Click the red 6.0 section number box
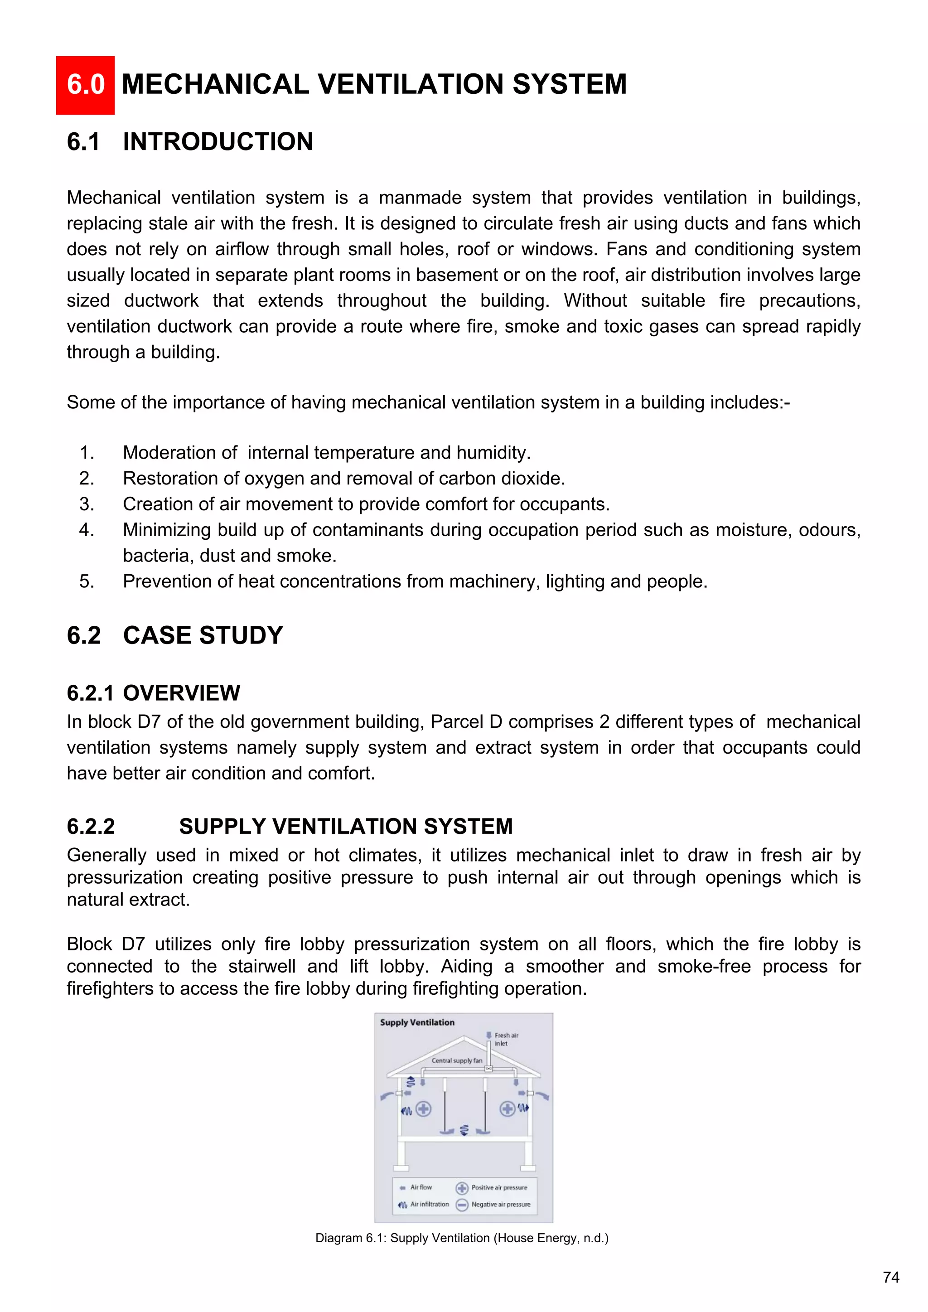85,85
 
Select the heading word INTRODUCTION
217,142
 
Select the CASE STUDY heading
203,635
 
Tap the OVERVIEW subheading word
181,692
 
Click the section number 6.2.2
91,826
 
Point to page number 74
891,1277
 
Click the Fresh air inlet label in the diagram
506,1039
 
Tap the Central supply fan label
457,1060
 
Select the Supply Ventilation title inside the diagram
417,1022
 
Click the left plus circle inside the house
423,1109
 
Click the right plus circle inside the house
507,1109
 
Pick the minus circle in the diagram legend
462,1205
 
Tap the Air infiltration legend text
429,1204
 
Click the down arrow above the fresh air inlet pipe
488,1035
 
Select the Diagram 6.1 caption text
462,1238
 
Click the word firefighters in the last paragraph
109,988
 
